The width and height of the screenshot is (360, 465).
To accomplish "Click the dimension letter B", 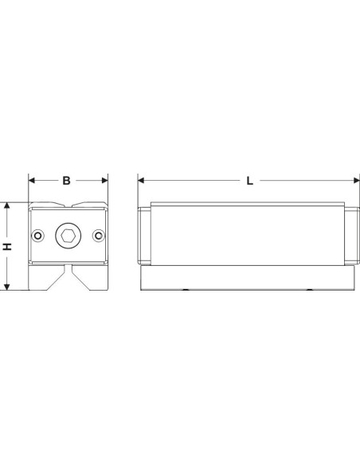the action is (66, 180).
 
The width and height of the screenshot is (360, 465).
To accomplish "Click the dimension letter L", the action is (249, 181).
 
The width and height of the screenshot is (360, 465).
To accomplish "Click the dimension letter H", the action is (7, 246).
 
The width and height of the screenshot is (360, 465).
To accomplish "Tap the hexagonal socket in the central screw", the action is (68, 236).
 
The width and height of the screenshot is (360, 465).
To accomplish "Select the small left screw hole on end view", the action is (38, 236).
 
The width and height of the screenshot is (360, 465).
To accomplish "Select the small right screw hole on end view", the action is (99, 236).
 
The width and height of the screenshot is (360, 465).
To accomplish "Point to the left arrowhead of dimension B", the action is (31, 180).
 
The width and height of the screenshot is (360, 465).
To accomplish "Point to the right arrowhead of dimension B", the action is (104, 180).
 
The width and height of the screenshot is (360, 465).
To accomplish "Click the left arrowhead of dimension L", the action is (141, 180).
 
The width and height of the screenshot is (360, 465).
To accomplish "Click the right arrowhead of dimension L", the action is (357, 180).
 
